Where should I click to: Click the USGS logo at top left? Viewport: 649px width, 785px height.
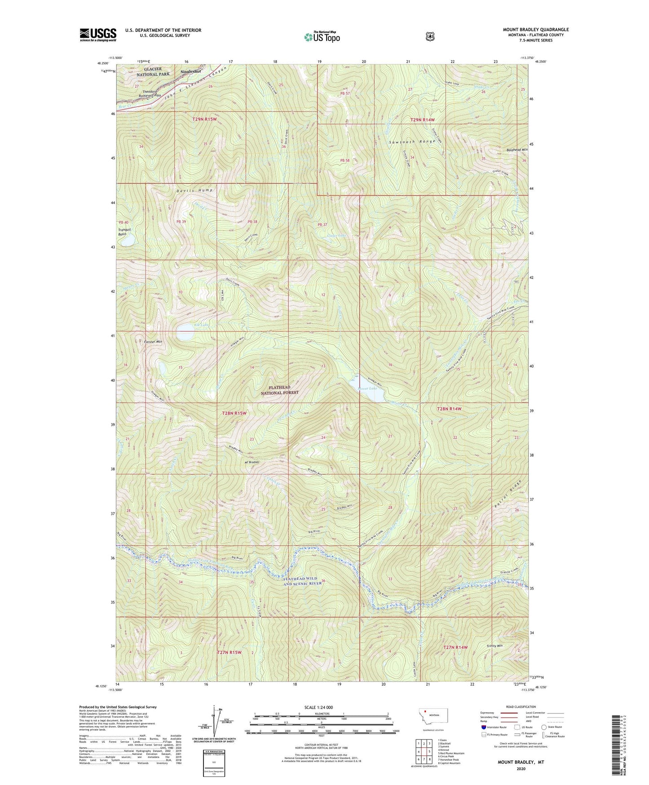click(x=98, y=35)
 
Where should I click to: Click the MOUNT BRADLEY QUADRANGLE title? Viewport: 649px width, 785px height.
click(x=535, y=30)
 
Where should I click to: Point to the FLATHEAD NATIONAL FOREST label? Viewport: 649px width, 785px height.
click(x=279, y=390)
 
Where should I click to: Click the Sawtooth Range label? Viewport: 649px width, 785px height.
click(x=412, y=141)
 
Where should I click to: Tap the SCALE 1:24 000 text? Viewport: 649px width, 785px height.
click(x=318, y=707)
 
